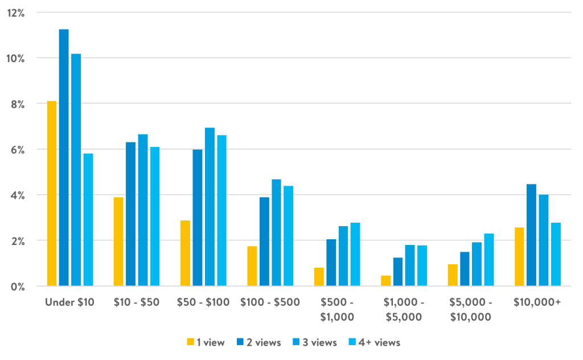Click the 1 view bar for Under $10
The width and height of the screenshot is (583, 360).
[51, 193]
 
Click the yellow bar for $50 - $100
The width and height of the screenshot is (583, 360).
[185, 253]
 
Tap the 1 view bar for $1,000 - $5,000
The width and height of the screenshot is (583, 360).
[386, 280]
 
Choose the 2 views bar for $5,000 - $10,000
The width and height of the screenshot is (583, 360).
[465, 268]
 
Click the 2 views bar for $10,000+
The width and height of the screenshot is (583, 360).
[531, 235]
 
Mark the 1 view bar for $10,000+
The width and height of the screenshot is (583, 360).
[519, 256]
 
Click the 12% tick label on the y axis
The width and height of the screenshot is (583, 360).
[17, 13]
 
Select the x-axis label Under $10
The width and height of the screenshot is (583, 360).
[69, 302]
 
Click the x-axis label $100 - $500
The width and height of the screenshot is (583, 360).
[270, 302]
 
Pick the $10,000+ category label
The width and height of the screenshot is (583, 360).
[537, 302]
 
